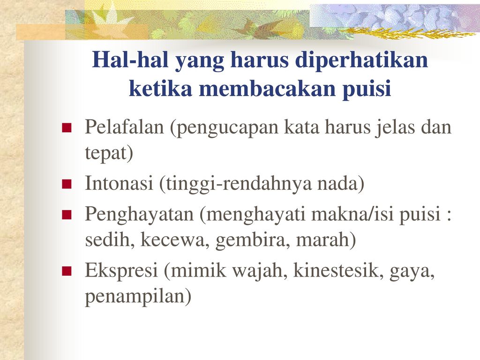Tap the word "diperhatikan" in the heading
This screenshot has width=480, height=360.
coord(361,60)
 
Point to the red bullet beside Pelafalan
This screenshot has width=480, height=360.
coord(67,127)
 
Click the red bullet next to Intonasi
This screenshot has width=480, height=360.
coord(67,184)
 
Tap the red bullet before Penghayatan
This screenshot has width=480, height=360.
coord(67,215)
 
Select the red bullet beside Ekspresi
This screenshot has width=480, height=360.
coord(67,271)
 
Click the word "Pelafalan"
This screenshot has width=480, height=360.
coord(124,127)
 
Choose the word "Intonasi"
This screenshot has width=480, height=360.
coord(119,183)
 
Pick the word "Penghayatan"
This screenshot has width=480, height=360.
coord(139,214)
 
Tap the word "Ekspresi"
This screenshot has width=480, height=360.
coord(121,271)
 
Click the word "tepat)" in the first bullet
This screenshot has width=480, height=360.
coord(109,153)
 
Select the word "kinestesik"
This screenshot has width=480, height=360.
coord(338,270)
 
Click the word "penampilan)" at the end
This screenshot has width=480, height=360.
coord(138,297)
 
